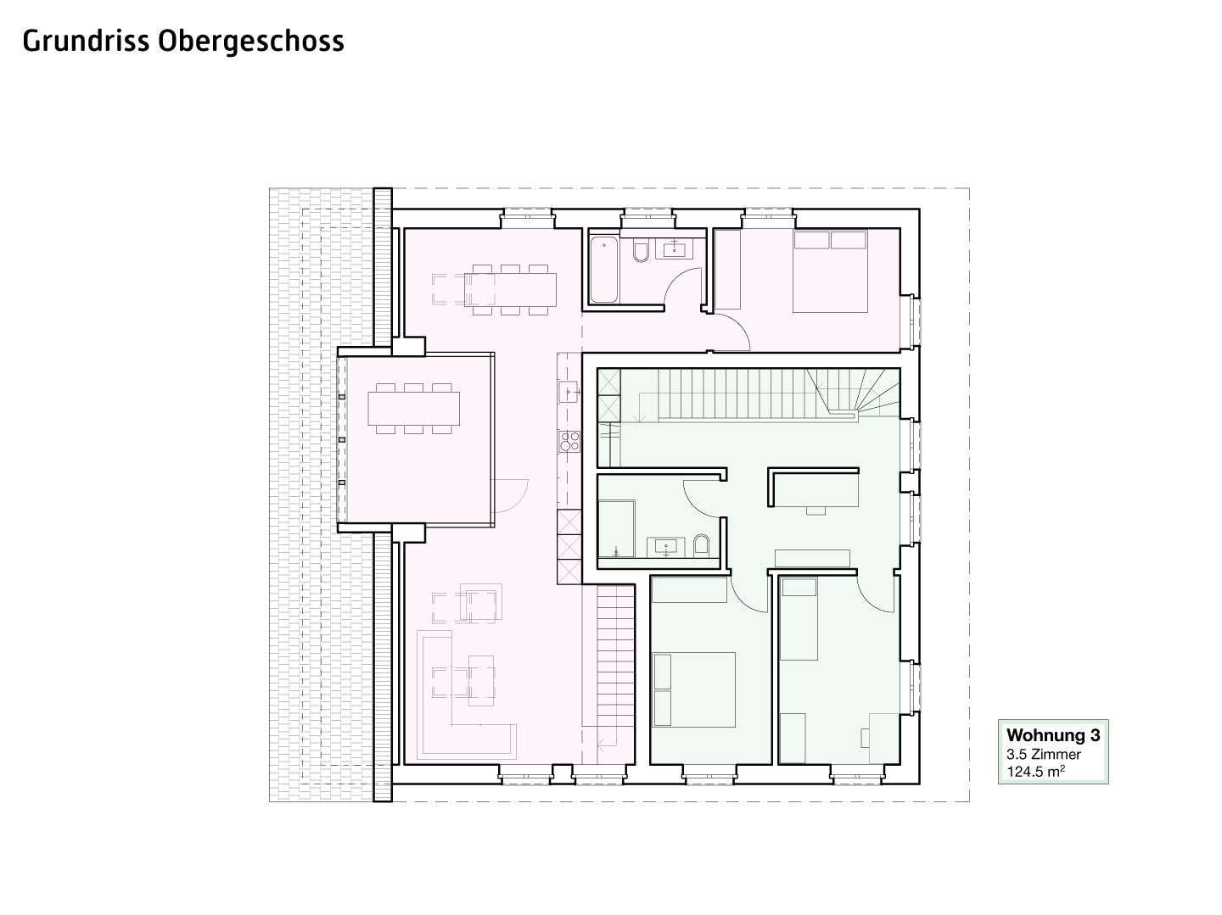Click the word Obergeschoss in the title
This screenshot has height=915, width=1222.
(x=250, y=42)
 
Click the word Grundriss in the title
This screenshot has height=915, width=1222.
(x=87, y=42)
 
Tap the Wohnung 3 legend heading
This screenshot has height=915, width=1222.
(x=1053, y=735)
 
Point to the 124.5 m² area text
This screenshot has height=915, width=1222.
(x=1035, y=772)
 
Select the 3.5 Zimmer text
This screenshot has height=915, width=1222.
(x=1043, y=754)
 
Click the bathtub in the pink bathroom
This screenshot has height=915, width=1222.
(x=603, y=270)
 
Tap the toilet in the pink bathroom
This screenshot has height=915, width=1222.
(x=641, y=252)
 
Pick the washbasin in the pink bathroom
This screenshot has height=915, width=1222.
(x=674, y=248)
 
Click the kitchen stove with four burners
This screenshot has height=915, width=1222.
(x=569, y=441)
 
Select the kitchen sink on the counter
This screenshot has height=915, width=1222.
(x=569, y=392)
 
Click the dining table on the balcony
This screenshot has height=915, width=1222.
(x=413, y=409)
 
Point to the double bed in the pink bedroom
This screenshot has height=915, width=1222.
(x=830, y=271)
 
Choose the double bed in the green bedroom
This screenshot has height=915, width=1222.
(x=693, y=689)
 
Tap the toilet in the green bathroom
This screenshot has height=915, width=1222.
(x=702, y=544)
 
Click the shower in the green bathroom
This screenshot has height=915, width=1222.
(x=616, y=528)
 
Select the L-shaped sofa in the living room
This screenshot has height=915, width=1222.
(x=467, y=695)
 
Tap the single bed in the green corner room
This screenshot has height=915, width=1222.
(x=799, y=618)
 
